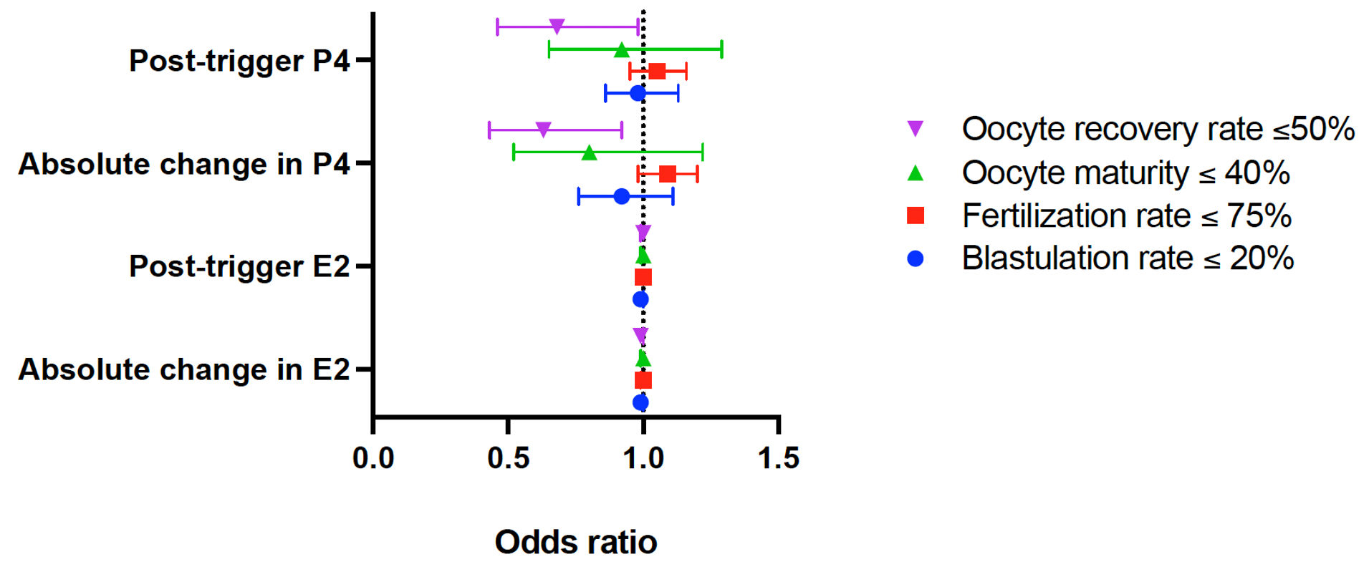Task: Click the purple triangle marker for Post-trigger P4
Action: [x=557, y=27]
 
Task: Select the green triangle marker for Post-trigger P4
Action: [x=622, y=50]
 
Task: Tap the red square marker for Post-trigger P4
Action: [x=657, y=71]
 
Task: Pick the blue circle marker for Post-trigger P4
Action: [x=638, y=93]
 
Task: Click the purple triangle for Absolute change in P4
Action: [x=543, y=130]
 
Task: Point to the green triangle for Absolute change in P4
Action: [x=589, y=152]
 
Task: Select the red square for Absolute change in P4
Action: [x=667, y=174]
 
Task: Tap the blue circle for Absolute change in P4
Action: [x=622, y=196]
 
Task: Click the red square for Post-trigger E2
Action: [x=643, y=277]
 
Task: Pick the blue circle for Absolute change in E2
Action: [x=640, y=402]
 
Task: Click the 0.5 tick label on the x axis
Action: [x=508, y=458]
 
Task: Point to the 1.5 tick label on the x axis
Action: [x=778, y=458]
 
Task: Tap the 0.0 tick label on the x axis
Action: [x=373, y=458]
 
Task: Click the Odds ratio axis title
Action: [x=576, y=542]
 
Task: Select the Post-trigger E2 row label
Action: [x=239, y=266]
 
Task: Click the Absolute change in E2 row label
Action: [x=184, y=369]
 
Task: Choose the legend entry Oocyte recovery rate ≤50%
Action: [x=1158, y=130]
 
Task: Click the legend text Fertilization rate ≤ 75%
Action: [x=1126, y=215]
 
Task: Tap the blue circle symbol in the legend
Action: [x=915, y=258]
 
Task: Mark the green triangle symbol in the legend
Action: [x=915, y=173]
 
